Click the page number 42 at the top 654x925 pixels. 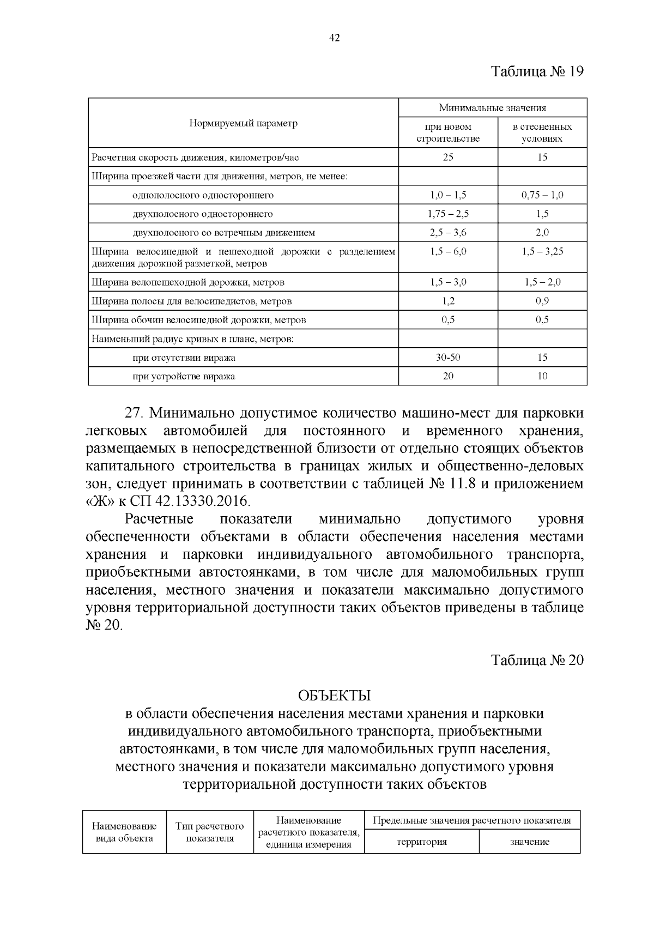[x=335, y=38]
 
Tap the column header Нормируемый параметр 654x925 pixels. [x=243, y=123]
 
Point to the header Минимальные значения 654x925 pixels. [x=493, y=108]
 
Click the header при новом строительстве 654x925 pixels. [x=448, y=132]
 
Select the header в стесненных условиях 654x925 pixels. [x=542, y=132]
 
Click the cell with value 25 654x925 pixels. [x=448, y=158]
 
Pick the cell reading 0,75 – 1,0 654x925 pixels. [x=542, y=195]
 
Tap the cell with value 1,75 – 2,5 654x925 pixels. [x=448, y=214]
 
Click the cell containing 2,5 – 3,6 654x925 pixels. [x=448, y=233]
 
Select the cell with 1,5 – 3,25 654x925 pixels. [x=542, y=251]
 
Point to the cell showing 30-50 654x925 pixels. [x=448, y=358]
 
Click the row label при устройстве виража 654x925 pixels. [x=184, y=376]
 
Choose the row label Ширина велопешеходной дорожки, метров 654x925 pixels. [x=188, y=282]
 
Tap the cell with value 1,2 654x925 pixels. [x=448, y=301]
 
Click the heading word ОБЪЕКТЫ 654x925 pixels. [x=334, y=696]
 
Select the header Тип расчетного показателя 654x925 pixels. [x=210, y=832]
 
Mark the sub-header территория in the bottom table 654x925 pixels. [x=421, y=842]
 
